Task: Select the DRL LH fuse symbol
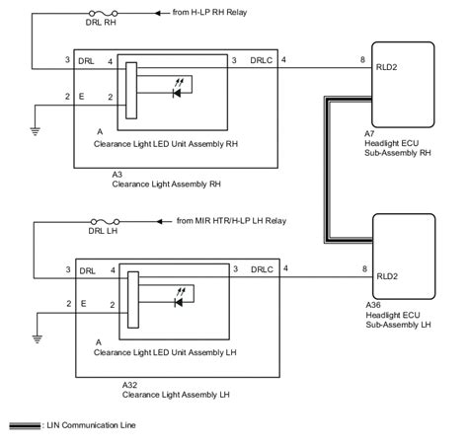tap(101, 221)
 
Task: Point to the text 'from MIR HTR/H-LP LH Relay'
tap(231, 221)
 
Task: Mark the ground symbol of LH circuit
tap(37, 336)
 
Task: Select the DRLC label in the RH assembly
tap(263, 61)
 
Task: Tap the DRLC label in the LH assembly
tap(263, 268)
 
